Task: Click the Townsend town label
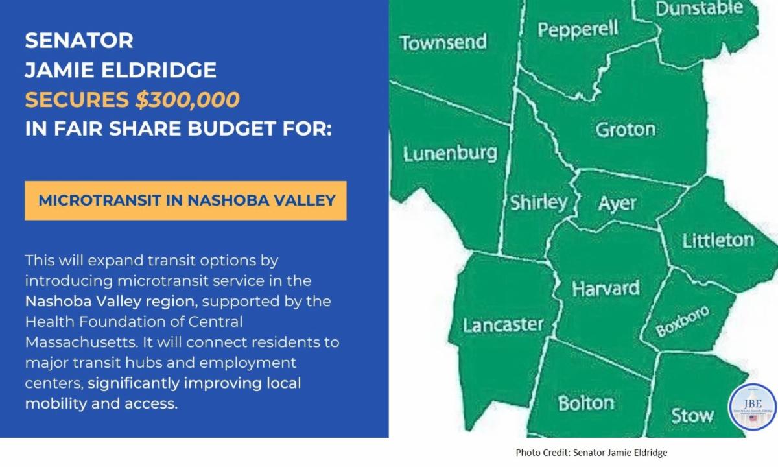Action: [443, 42]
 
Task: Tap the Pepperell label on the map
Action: [578, 29]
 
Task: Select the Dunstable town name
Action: [699, 8]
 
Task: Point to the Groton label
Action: [626, 129]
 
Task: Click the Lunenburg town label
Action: [450, 154]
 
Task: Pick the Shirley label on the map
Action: [538, 202]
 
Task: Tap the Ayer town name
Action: [617, 203]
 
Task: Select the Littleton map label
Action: [718, 241]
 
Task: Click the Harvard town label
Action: [606, 289]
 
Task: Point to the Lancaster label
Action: [503, 325]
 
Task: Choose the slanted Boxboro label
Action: [682, 321]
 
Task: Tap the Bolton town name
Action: [586, 403]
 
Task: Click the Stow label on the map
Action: [692, 416]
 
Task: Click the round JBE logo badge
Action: [752, 407]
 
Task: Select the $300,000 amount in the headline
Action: [187, 99]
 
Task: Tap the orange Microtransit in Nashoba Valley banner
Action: [185, 200]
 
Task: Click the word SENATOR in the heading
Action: [79, 40]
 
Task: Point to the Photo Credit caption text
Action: [591, 453]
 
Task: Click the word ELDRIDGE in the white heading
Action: [159, 70]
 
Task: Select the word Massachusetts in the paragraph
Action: [81, 342]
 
